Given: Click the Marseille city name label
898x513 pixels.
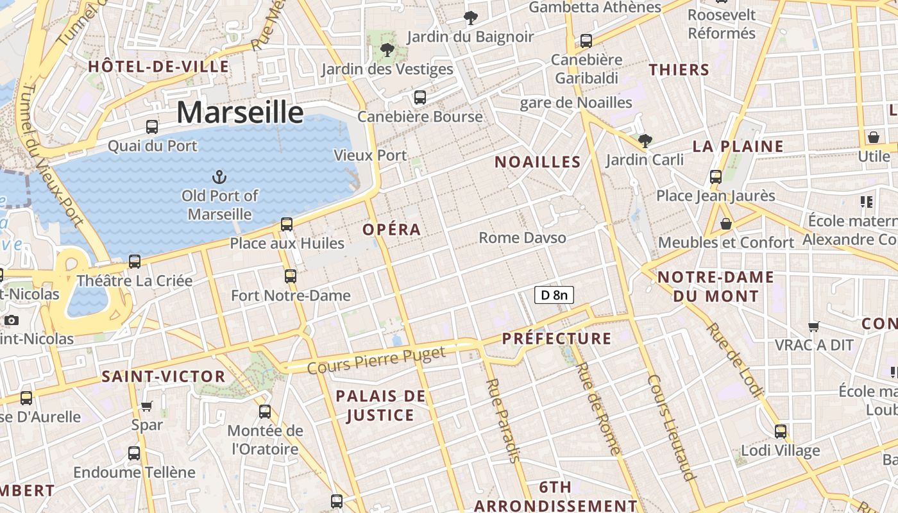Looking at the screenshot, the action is coord(240,112).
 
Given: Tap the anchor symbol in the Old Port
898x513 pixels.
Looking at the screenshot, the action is coord(219,176).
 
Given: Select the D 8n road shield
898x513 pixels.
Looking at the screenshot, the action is coord(554,295).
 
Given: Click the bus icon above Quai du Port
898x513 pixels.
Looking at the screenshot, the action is coord(152,127).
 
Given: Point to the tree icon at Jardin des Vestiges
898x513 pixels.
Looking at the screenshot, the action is coord(387,49).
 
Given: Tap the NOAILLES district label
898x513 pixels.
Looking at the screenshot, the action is coord(538,162).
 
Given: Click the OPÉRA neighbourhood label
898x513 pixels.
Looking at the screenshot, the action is coord(392,230).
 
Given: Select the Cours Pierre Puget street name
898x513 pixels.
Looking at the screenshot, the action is coord(376,360).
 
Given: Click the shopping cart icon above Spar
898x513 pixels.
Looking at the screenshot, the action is coord(147,406).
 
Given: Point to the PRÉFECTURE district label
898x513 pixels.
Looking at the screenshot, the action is coord(557,339).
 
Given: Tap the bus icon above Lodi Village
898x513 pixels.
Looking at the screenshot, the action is coord(781,431).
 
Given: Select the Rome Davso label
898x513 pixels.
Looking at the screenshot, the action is coord(522,238).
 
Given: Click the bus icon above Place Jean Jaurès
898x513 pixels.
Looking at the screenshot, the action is coord(716,177).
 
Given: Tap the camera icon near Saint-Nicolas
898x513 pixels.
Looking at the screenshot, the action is coord(12,320).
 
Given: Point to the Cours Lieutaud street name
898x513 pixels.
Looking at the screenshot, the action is coord(672,427).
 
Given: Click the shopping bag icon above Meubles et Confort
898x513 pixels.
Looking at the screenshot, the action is coord(726,224).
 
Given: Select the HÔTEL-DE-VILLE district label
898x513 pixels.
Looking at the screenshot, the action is coord(158,67).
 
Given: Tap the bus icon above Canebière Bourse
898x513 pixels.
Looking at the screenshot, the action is coord(420,97).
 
